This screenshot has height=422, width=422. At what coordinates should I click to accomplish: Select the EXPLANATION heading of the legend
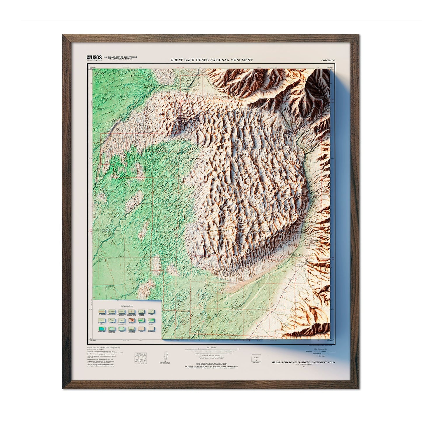click(127, 306)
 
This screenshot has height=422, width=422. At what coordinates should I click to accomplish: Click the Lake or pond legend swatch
click(102, 329)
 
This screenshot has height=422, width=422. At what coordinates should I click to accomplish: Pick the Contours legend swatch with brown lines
click(131, 320)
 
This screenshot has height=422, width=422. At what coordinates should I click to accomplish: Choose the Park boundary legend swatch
click(102, 311)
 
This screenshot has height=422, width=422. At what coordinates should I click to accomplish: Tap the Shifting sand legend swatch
click(151, 329)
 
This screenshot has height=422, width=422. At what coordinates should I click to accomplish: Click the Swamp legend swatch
click(121, 329)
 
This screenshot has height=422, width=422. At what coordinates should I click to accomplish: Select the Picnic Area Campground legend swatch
click(131, 329)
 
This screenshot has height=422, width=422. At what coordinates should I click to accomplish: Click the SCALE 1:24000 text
click(211, 348)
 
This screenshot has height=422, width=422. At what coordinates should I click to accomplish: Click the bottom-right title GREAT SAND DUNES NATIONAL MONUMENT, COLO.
click(303, 362)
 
